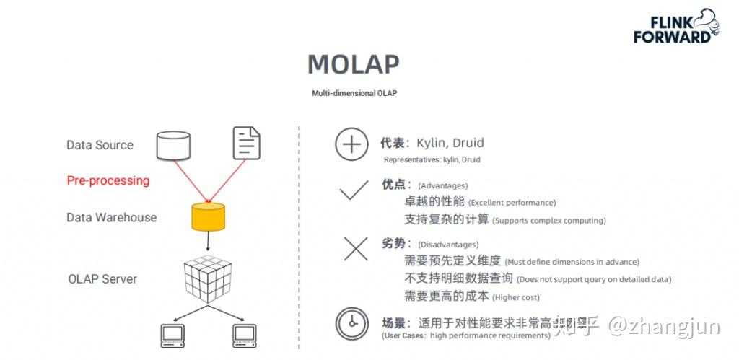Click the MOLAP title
pos(353,64)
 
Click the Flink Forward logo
pos(675,27)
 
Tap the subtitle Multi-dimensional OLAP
pos(354,94)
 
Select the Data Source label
pos(100,145)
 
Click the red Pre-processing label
pos(108,180)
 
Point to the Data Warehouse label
pos(111,217)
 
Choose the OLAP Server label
pos(102,278)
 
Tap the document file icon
pos(246,143)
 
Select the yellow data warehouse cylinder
pos(208,216)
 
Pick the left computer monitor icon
pos(172,334)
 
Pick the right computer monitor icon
pos(245,334)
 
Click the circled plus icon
pos(351,145)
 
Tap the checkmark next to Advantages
pos(354,191)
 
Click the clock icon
pos(351,324)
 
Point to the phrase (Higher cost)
pos(516,297)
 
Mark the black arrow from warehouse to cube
pos(208,242)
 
